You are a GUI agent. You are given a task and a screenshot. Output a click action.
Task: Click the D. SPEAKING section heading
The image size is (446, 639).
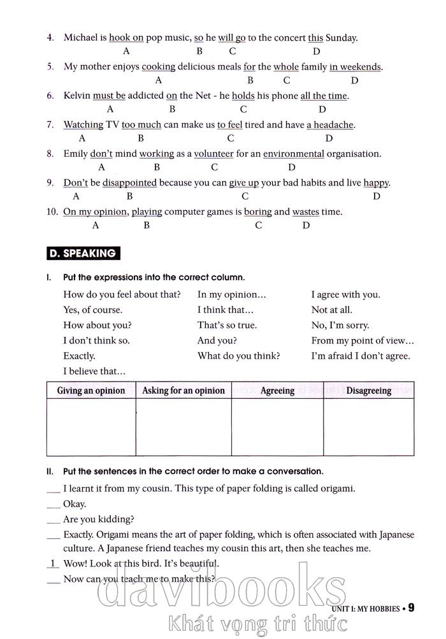[x=83, y=254]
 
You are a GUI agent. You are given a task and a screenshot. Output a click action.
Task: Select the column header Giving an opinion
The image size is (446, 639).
[x=91, y=391]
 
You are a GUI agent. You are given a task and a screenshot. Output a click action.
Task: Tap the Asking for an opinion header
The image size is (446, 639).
[x=183, y=391]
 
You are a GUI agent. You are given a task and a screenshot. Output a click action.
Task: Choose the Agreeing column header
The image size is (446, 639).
[x=277, y=391]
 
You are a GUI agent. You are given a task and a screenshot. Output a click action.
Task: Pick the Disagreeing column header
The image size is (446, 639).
[x=368, y=391]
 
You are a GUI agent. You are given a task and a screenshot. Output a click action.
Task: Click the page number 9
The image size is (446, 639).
[x=412, y=608]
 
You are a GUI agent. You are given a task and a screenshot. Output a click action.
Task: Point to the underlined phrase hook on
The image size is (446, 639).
[x=126, y=38]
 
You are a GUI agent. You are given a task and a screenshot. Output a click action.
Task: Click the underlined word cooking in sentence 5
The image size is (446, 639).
[x=158, y=67]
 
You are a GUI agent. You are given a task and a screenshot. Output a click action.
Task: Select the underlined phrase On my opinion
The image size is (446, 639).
[x=96, y=212]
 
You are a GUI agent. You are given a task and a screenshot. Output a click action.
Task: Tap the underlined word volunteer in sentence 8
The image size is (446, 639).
[x=214, y=154]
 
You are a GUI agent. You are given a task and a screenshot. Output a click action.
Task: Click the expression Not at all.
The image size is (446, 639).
[x=331, y=310]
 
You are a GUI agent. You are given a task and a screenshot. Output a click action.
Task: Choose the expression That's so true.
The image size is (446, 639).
[x=227, y=325]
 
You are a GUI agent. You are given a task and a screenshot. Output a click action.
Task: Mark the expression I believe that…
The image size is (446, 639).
[x=94, y=371]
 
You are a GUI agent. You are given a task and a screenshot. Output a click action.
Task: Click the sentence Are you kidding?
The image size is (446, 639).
[x=99, y=519]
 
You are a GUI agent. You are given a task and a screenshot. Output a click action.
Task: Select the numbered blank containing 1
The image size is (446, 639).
[x=54, y=563]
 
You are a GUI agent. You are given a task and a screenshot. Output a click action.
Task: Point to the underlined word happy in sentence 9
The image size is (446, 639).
[x=376, y=183]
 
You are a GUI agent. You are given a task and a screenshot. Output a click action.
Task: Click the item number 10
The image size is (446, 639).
[x=52, y=212]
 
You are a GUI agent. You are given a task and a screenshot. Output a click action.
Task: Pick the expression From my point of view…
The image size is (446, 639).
[x=363, y=340]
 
